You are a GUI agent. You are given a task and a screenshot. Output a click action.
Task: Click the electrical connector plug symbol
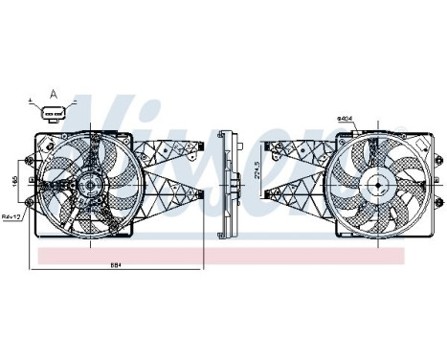(53, 115)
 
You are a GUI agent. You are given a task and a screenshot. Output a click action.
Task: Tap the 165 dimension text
(13, 181)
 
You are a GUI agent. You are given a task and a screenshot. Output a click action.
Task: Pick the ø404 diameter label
(345, 119)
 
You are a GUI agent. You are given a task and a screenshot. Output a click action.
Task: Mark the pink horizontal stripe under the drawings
(220, 256)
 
